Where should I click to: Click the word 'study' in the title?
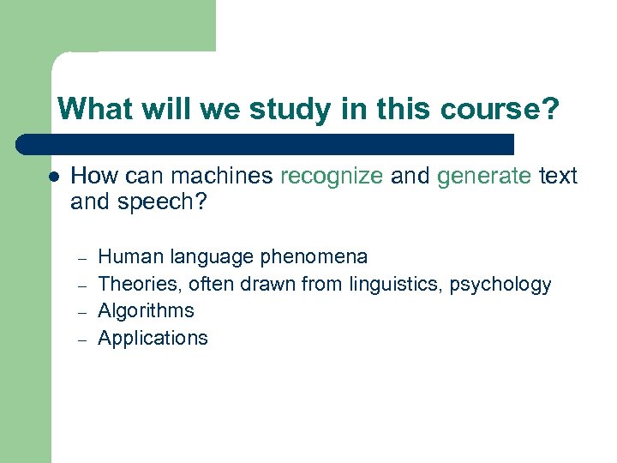coord(287,109)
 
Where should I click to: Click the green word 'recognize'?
coord(332,177)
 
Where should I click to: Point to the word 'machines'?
coord(222,177)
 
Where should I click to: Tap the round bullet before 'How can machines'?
coord(52,177)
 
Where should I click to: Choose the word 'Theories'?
coord(138,284)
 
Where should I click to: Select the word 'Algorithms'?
coord(147,310)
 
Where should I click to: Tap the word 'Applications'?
coord(153,338)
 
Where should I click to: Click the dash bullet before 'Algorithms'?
coord(82,312)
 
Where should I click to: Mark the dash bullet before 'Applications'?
coord(82,340)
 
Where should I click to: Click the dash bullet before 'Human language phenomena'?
coord(82,258)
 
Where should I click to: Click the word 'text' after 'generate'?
coord(558,177)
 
